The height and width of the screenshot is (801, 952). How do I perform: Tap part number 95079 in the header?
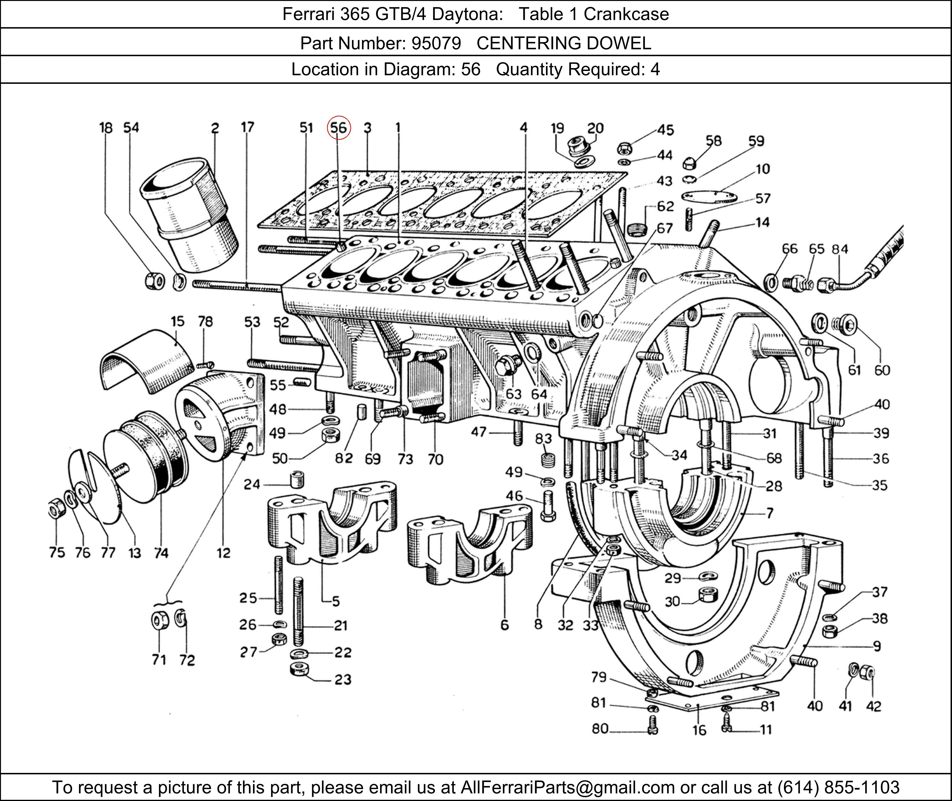pos(436,43)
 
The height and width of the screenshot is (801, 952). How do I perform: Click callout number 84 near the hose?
pos(839,249)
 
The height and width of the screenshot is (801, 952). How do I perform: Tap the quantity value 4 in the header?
pos(655,70)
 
